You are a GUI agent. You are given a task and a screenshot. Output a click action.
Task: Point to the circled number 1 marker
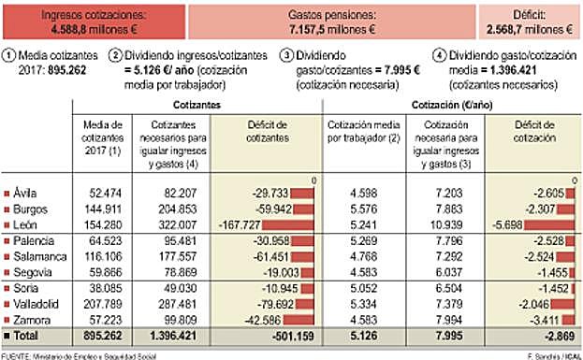(8, 55)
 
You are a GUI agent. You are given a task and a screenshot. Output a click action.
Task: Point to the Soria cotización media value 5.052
(359, 288)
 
